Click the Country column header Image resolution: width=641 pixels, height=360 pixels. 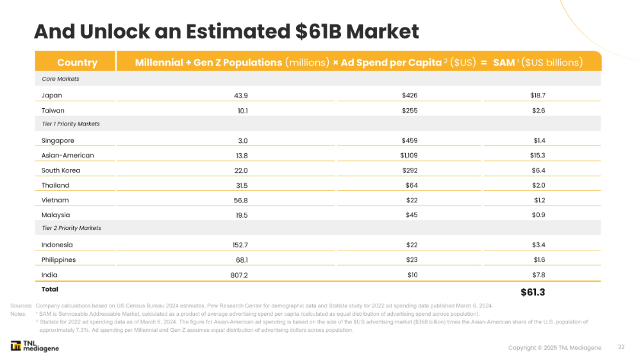click(77, 62)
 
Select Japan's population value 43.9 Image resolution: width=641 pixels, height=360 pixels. click(241, 95)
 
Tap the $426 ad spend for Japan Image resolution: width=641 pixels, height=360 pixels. click(410, 95)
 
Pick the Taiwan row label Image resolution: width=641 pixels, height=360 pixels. click(53, 110)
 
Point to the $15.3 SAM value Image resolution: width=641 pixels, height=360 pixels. click(538, 155)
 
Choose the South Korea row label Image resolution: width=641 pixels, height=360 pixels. click(61, 170)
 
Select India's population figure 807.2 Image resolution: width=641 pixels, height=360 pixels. click(238, 275)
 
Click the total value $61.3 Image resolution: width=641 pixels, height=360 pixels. click(532, 292)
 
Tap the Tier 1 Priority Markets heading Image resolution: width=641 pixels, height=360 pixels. click(71, 124)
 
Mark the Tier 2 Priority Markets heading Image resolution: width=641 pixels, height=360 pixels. click(71, 228)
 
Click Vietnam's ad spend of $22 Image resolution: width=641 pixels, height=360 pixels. click(412, 200)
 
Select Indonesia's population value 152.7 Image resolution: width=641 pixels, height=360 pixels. click(240, 245)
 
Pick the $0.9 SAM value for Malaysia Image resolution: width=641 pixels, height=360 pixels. click(539, 215)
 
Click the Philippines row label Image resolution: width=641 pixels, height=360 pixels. click(58, 259)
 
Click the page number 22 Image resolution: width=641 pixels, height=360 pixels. click(621, 347)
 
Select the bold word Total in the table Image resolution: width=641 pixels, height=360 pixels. click(50, 290)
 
